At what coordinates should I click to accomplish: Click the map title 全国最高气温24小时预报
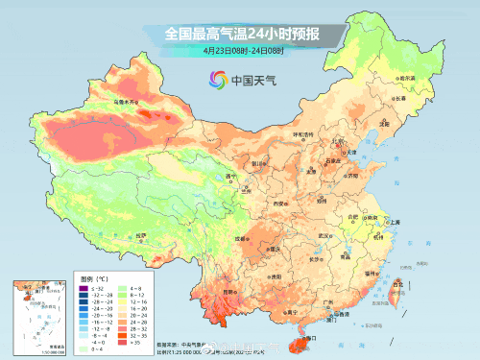click(x=241, y=35)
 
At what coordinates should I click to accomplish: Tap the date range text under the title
click(x=241, y=50)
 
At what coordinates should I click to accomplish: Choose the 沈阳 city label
click(x=385, y=124)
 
